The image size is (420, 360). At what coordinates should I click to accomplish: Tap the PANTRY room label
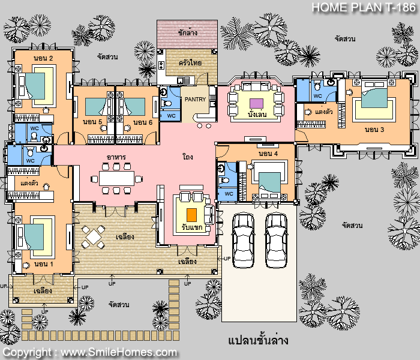(x=195, y=99)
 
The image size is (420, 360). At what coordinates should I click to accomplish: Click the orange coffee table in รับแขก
(x=191, y=214)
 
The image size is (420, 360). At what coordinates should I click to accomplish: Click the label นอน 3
(x=374, y=129)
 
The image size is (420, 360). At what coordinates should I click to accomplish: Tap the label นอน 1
(x=44, y=264)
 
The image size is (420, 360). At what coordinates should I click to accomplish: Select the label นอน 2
(x=44, y=58)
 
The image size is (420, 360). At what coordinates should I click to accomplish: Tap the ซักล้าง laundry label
(x=188, y=32)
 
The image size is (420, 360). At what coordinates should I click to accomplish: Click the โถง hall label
(x=187, y=157)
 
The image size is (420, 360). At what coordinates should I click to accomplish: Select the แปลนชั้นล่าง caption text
(x=259, y=341)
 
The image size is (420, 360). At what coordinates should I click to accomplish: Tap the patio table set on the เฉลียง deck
(x=94, y=236)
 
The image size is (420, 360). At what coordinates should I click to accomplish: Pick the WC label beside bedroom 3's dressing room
(x=317, y=95)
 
